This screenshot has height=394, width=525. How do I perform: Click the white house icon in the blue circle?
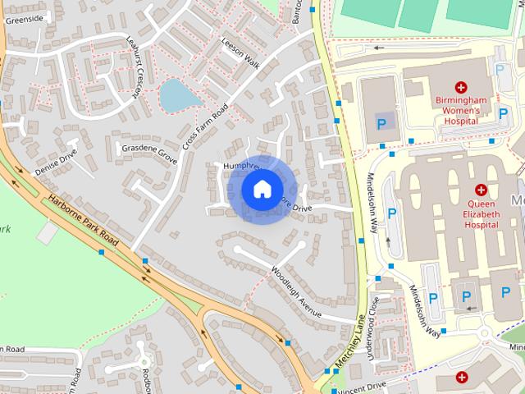coord(262,189)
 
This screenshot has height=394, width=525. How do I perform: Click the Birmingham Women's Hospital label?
coord(460,110)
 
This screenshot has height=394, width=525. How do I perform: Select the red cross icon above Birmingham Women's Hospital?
coord(461,87)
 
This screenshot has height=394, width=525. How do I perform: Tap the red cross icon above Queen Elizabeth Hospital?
coord(482,190)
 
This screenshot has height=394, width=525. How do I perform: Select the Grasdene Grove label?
coord(148,151)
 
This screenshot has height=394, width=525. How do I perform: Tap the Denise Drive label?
coord(57,162)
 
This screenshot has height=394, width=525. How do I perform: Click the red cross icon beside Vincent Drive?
coord(463,378)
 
